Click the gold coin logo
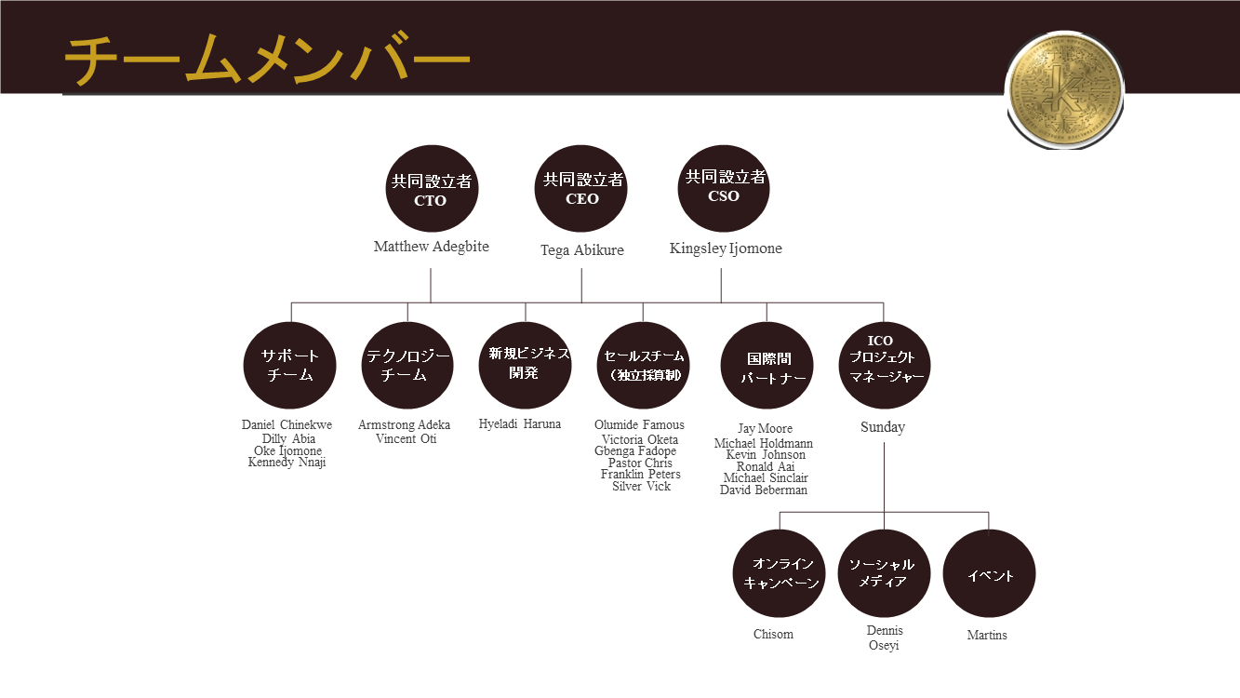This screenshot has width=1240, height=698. pyautogui.click(x=1064, y=89)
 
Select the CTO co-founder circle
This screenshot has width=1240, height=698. pyautogui.click(x=432, y=188)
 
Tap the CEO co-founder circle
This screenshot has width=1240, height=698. pyautogui.click(x=580, y=188)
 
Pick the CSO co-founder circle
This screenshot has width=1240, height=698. pyautogui.click(x=724, y=188)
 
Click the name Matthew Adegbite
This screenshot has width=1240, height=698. pyautogui.click(x=432, y=247)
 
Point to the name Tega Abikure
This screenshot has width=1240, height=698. pyautogui.click(x=581, y=250)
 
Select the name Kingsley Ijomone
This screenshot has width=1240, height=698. pyautogui.click(x=726, y=248)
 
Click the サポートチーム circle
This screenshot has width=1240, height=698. pyautogui.click(x=289, y=366)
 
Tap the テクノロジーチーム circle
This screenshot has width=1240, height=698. pyautogui.click(x=407, y=366)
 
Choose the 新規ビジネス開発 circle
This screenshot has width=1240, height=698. pyautogui.click(x=526, y=366)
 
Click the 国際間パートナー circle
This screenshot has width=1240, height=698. pyautogui.click(x=767, y=366)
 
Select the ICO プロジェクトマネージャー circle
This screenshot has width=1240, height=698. pyautogui.click(x=884, y=366)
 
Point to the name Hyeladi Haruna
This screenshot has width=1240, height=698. pyautogui.click(x=520, y=424)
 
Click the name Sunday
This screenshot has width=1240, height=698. pyautogui.click(x=883, y=427)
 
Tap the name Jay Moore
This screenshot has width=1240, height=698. pyautogui.click(x=765, y=429)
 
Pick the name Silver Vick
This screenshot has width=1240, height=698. pyautogui.click(x=641, y=487)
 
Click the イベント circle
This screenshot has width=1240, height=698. pyautogui.click(x=989, y=574)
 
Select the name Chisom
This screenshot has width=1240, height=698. pyautogui.click(x=773, y=635)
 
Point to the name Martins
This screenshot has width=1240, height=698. pyautogui.click(x=987, y=636)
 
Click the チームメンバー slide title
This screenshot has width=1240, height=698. pyautogui.click(x=267, y=59)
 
